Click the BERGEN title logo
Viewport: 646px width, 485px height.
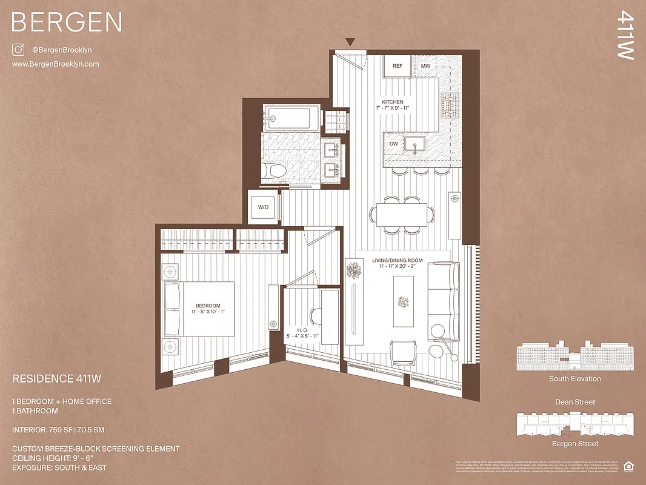coord(67,22)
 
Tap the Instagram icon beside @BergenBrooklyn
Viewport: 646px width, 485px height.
coord(18,50)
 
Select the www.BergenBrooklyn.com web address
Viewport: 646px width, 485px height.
coord(55,64)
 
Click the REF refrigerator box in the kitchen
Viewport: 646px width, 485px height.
coord(398,66)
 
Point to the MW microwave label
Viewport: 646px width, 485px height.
coord(425,66)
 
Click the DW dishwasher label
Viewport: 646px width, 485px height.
coord(393,144)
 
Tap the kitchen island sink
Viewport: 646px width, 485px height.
coord(415,144)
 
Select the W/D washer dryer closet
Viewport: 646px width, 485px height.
coord(264,207)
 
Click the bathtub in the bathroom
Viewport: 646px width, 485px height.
coord(291,118)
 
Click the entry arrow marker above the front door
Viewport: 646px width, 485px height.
coord(350,42)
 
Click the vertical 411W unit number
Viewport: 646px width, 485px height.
coord(625,37)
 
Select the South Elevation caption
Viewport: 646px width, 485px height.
coord(574,379)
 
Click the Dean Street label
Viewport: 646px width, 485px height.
coord(574,402)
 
